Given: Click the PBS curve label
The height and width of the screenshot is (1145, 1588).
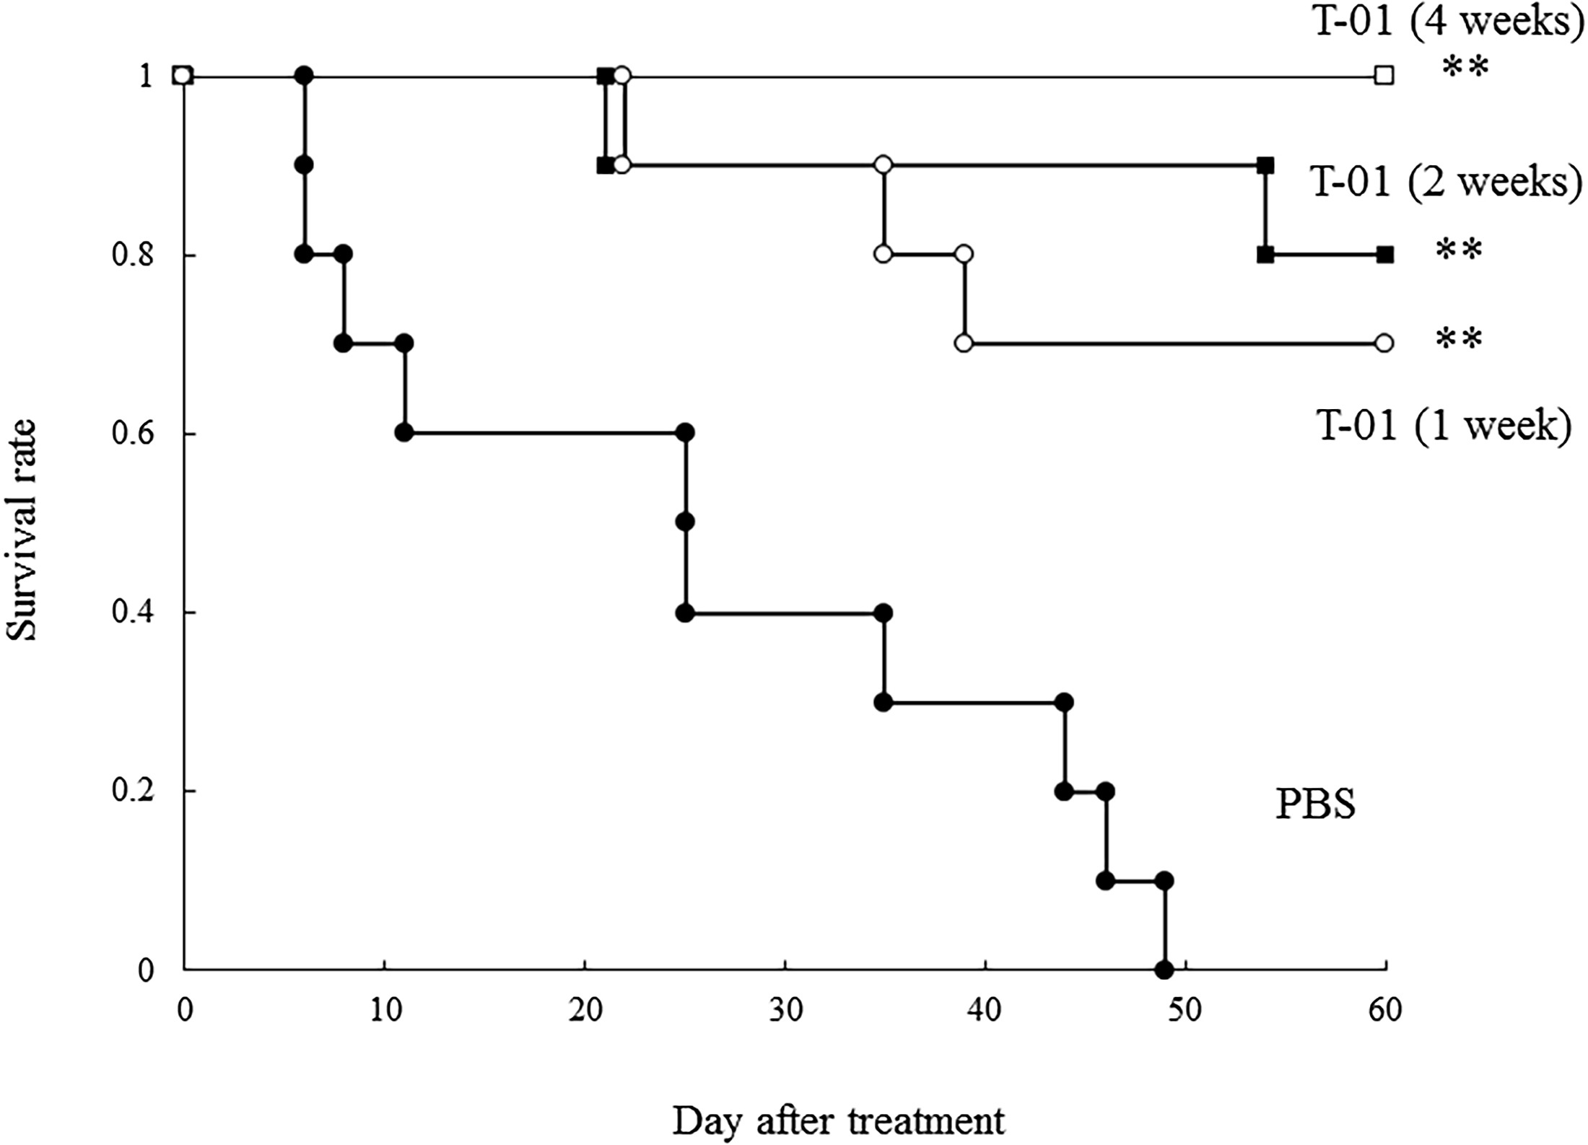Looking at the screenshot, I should [x=1315, y=805].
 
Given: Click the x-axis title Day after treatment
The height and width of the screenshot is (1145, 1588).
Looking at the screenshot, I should [x=839, y=1120].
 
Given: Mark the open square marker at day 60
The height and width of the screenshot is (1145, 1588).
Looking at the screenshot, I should [x=1384, y=75].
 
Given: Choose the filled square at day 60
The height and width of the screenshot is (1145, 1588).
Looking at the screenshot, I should [x=1384, y=255].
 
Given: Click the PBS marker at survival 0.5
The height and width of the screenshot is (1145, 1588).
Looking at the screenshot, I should [x=685, y=522].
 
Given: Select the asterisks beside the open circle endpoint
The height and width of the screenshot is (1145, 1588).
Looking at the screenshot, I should [x=1459, y=339].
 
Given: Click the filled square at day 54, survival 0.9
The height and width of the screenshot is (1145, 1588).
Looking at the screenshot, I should [x=1265, y=165].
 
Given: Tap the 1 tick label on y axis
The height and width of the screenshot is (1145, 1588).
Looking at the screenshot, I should [x=147, y=76].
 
